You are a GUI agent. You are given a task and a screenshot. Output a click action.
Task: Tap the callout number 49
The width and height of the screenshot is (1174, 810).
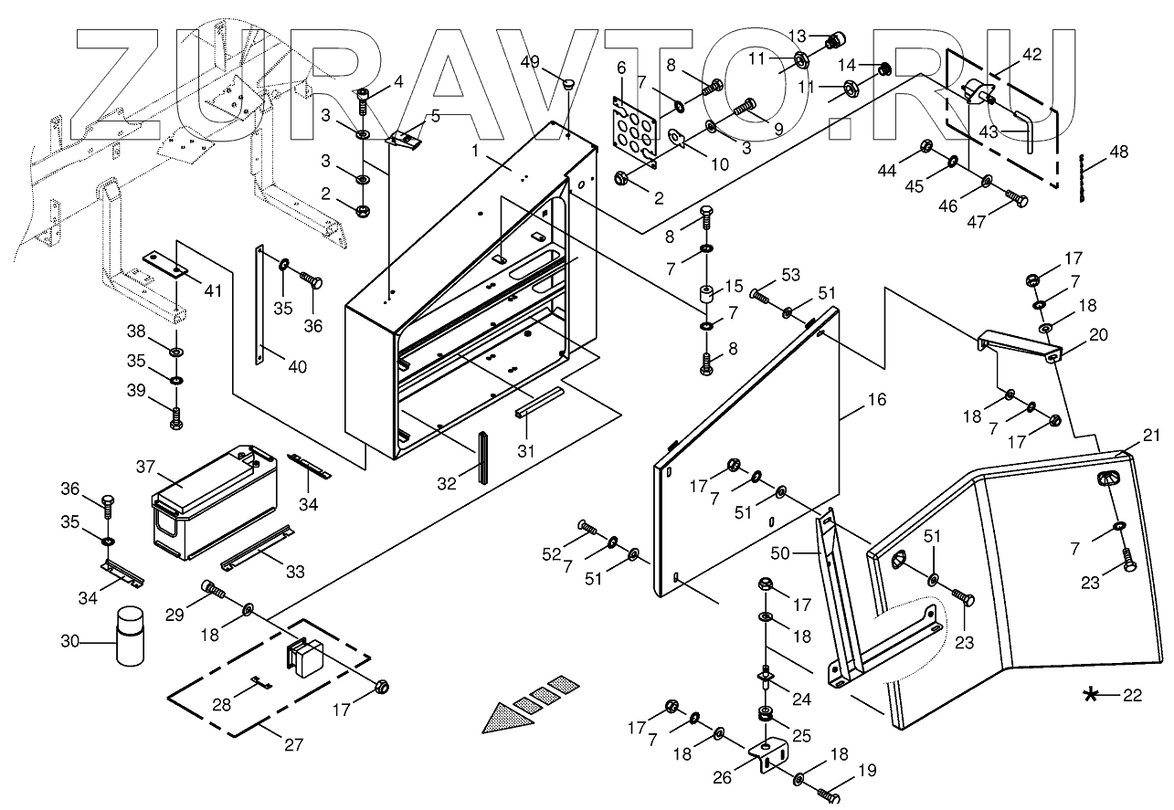tap(531, 61)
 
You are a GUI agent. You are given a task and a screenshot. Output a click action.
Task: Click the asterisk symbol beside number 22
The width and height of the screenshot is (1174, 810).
tap(1090, 697)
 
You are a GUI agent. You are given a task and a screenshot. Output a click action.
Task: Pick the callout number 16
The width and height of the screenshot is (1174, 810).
tap(877, 400)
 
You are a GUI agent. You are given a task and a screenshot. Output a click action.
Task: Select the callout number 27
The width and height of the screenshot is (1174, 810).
tap(292, 744)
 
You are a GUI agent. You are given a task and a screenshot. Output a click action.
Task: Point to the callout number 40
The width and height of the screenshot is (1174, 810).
tap(297, 367)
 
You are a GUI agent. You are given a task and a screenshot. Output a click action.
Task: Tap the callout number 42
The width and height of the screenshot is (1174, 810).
tap(1031, 55)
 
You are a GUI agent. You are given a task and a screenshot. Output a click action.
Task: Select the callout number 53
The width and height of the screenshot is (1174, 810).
tap(791, 275)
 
